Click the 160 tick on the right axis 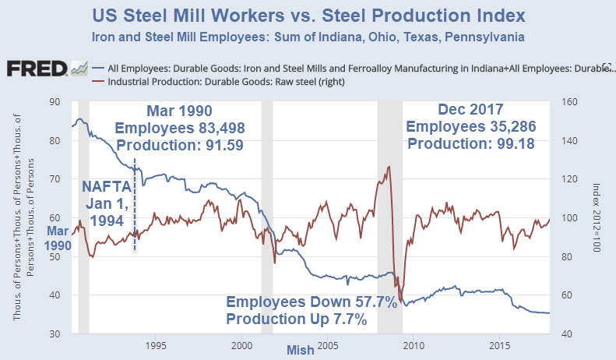coord(569,101)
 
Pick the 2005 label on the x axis coord(327,344)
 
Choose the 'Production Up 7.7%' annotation coord(297,319)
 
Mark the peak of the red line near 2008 coord(389,166)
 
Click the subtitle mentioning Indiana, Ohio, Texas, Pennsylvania coord(307,37)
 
